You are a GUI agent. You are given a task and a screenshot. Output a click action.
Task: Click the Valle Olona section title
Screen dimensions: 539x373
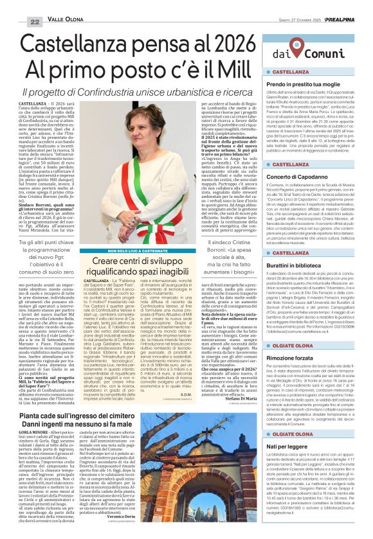(x=66, y=21)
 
